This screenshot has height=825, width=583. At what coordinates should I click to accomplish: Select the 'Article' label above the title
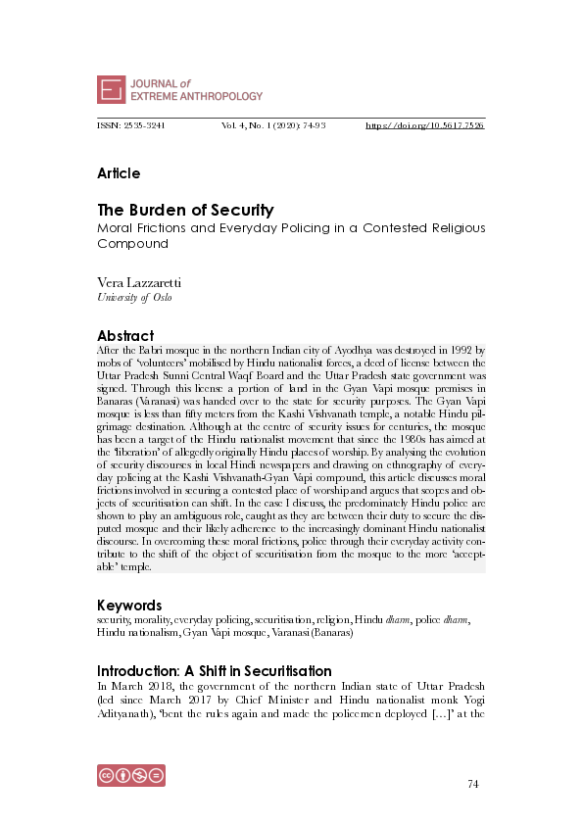click(119, 173)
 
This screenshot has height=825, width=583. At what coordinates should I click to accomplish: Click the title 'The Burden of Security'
click(185, 210)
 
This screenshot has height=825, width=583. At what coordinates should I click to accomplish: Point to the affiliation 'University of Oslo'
click(134, 298)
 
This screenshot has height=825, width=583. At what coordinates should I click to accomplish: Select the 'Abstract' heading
click(125, 335)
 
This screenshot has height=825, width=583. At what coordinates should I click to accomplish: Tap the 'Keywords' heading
click(129, 605)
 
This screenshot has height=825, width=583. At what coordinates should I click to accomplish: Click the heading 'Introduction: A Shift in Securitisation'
click(214, 671)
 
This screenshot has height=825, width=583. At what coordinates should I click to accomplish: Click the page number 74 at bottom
click(473, 784)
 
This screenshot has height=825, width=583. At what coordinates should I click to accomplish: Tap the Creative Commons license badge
click(130, 774)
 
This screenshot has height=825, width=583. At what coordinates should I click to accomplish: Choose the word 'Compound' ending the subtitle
click(133, 243)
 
